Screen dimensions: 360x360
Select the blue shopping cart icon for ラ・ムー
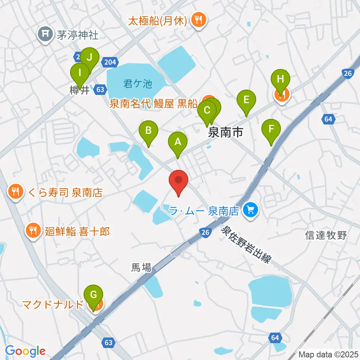coord(249,210)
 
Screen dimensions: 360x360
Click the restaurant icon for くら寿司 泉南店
coord(15,193)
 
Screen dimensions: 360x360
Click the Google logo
coord(25,351)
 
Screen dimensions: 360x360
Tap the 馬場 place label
coord(141,267)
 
